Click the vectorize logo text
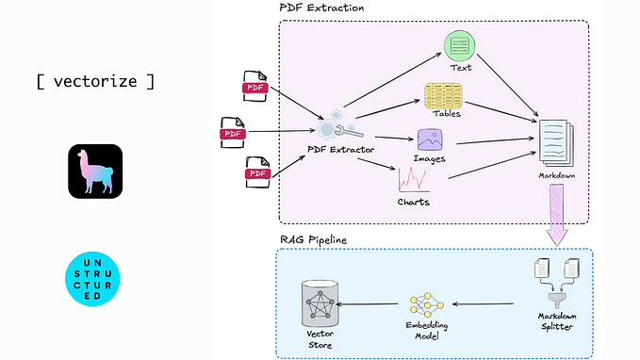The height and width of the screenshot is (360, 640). point(94,80)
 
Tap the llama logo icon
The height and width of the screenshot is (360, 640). point(95,172)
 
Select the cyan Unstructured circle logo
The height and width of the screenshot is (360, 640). point(95,278)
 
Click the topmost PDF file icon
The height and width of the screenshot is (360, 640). point(254,87)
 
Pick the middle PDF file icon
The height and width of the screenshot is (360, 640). point(232,134)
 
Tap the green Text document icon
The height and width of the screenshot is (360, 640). point(459,44)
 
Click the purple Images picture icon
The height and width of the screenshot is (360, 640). point(430,139)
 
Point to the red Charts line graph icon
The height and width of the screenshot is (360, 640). point(414,179)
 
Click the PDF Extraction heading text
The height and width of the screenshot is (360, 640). point(321,8)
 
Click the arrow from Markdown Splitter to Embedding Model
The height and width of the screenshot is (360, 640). point(484,304)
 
